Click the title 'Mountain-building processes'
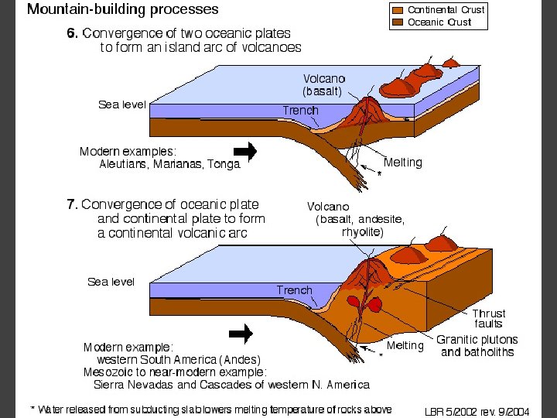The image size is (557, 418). [123, 10]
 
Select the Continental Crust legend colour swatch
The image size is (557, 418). [398, 10]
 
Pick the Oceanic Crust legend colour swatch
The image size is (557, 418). [398, 22]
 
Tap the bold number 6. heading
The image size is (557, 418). [72, 33]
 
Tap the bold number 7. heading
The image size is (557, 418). [72, 204]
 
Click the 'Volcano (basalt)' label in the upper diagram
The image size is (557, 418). [323, 84]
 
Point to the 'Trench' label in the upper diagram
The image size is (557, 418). [300, 110]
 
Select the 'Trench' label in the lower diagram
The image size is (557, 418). [295, 290]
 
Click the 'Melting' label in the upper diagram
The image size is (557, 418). [403, 163]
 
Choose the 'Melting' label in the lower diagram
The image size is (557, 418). [405, 345]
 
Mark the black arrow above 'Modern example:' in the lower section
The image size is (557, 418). [241, 334]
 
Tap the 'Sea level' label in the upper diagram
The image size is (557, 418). [121, 104]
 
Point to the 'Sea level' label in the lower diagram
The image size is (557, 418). [111, 282]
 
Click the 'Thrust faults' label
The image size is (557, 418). [488, 318]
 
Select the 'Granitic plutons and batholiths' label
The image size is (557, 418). [477, 346]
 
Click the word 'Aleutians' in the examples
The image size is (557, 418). [125, 164]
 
